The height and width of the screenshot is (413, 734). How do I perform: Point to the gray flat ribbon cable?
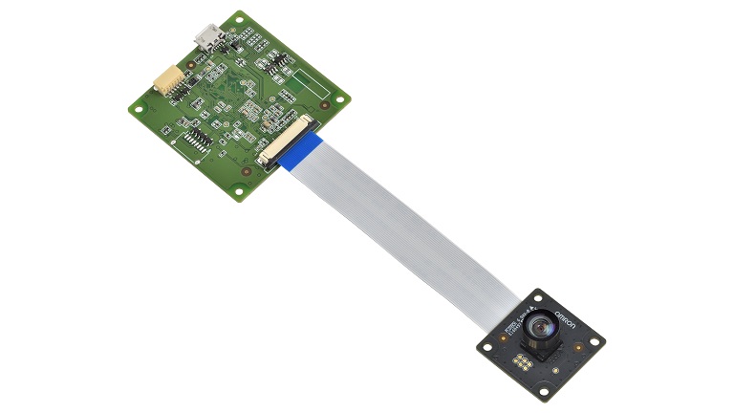pos(411,220)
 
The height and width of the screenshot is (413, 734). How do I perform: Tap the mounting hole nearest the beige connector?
pos(139,109)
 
